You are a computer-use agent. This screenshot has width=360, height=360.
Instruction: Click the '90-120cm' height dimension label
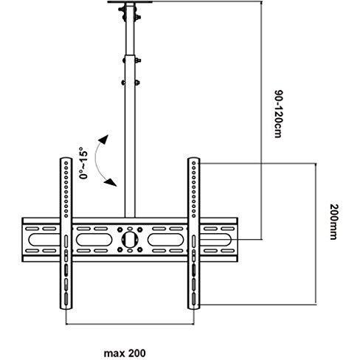click(278, 114)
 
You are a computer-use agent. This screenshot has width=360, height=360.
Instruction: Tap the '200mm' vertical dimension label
click(333, 221)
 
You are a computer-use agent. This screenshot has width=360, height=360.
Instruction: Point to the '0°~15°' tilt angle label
click(83, 163)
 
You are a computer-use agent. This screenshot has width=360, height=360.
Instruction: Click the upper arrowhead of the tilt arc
click(104, 139)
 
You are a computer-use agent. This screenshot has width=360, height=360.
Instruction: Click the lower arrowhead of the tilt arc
click(111, 182)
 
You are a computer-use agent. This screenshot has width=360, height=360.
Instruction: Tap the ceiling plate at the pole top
click(130, 1)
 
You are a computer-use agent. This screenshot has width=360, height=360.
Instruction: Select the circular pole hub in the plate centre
click(130, 239)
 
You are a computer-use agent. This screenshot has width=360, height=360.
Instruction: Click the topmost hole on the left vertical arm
click(66, 162)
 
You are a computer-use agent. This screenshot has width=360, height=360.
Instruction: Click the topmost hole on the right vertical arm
click(194, 163)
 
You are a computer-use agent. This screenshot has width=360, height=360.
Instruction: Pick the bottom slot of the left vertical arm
click(66, 299)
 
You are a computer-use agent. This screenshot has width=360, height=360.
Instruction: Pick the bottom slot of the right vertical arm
click(194, 299)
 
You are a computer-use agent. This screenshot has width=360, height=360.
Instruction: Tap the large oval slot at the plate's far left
click(44, 239)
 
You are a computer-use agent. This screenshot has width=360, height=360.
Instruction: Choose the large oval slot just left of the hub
click(94, 239)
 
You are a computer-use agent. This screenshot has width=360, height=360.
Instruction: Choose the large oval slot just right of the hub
click(166, 239)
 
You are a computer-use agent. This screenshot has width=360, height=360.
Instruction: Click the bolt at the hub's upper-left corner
click(120, 229)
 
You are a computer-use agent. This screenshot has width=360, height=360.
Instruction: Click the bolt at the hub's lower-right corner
click(140, 249)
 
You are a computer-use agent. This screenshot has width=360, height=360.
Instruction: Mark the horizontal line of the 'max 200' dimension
click(130, 324)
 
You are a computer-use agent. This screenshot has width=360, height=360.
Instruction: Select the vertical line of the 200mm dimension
click(316, 234)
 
